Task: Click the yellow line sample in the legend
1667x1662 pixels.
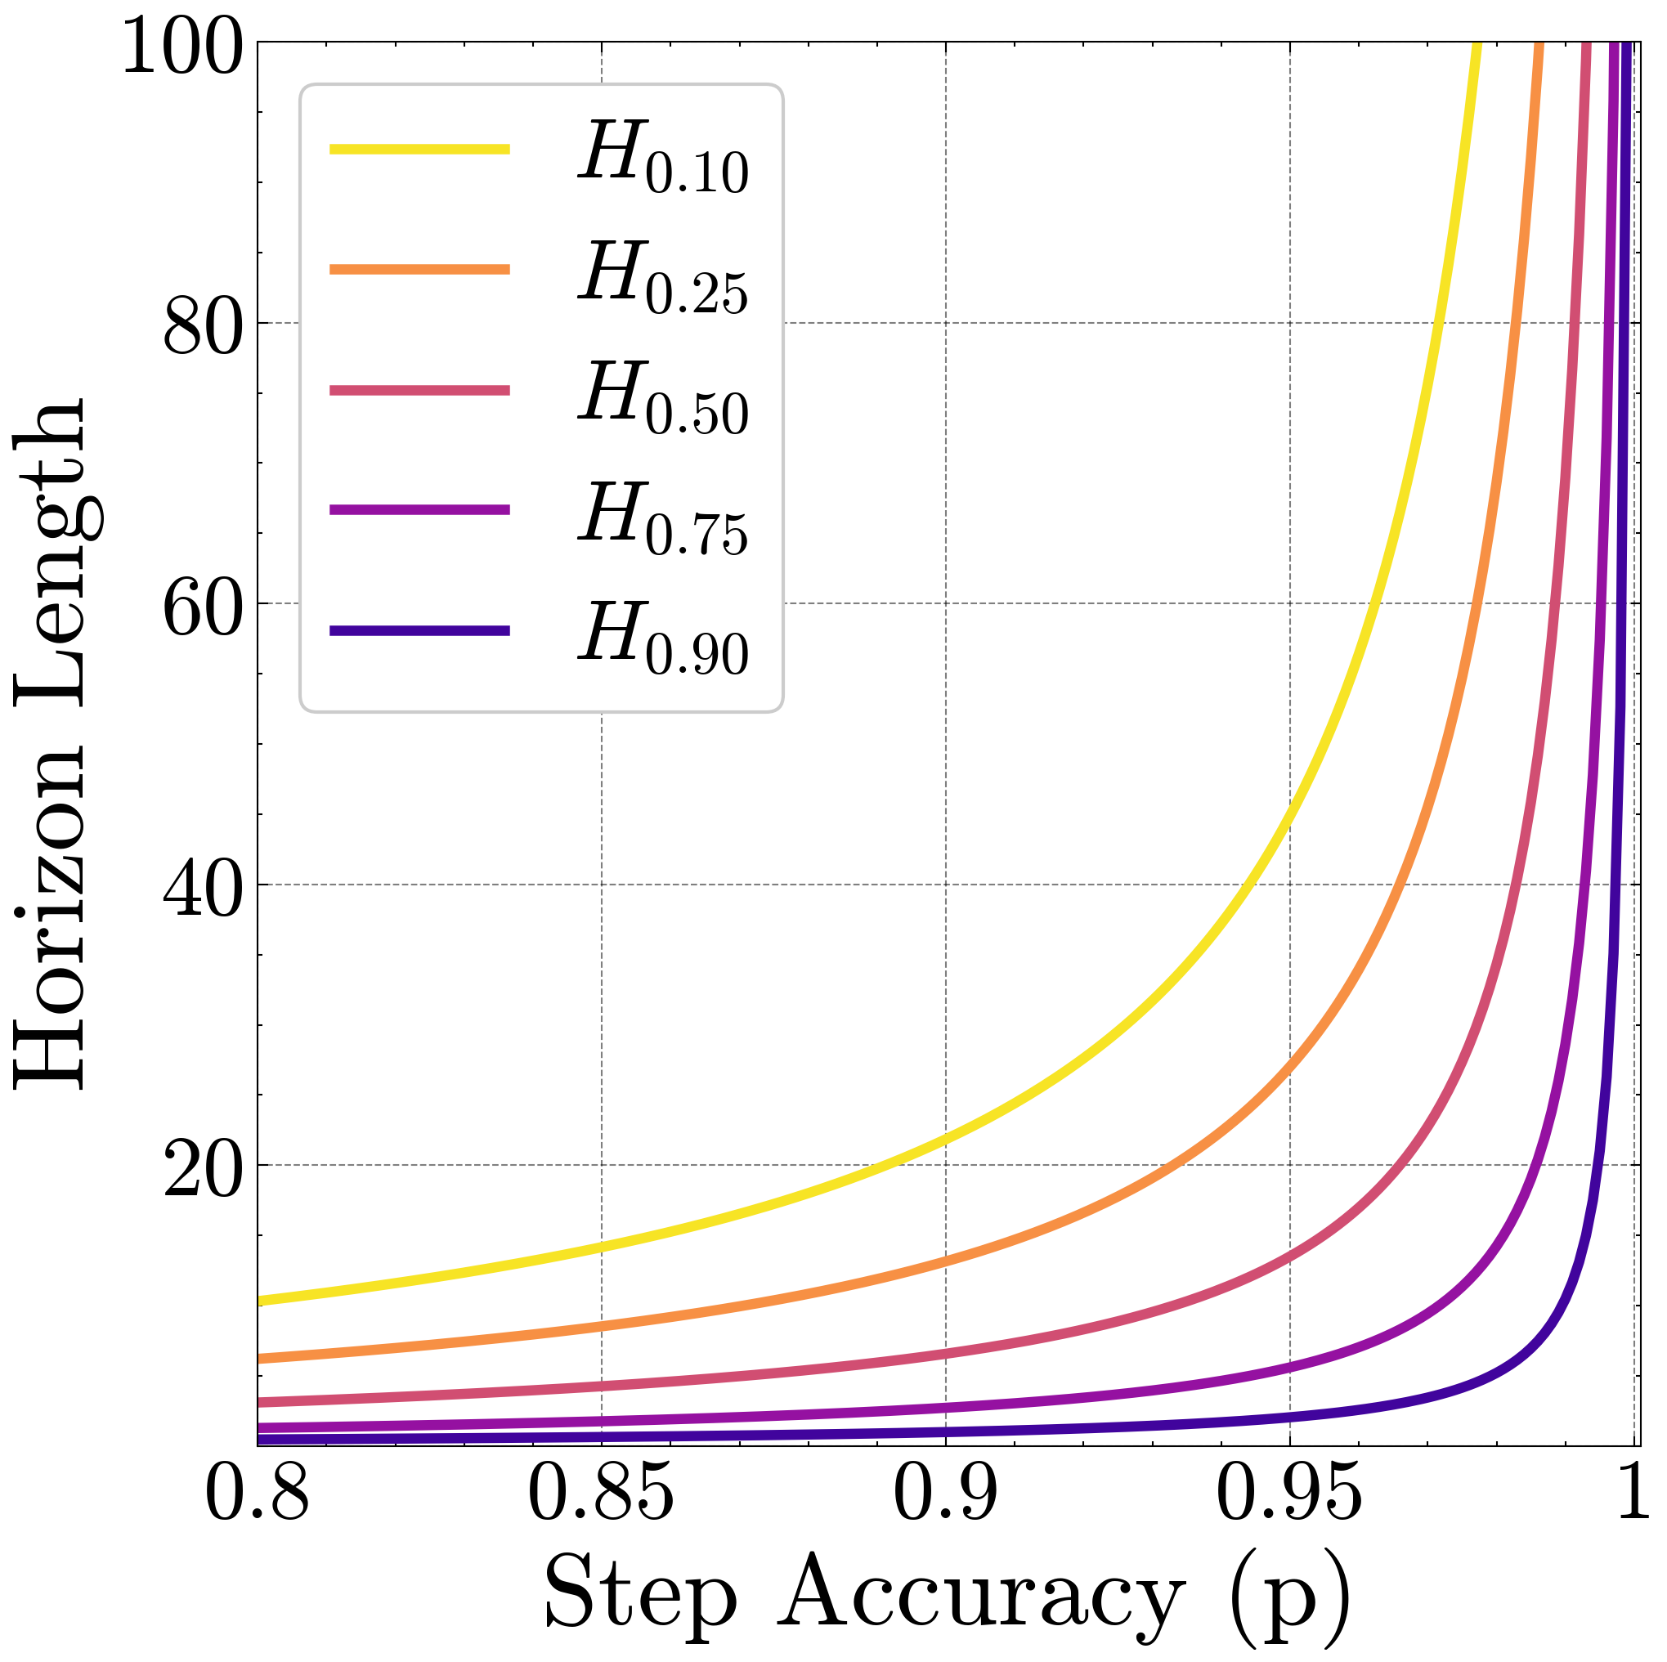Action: click(x=419, y=150)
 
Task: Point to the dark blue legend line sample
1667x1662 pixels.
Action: click(x=419, y=631)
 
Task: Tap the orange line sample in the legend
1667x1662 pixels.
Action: click(x=419, y=269)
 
